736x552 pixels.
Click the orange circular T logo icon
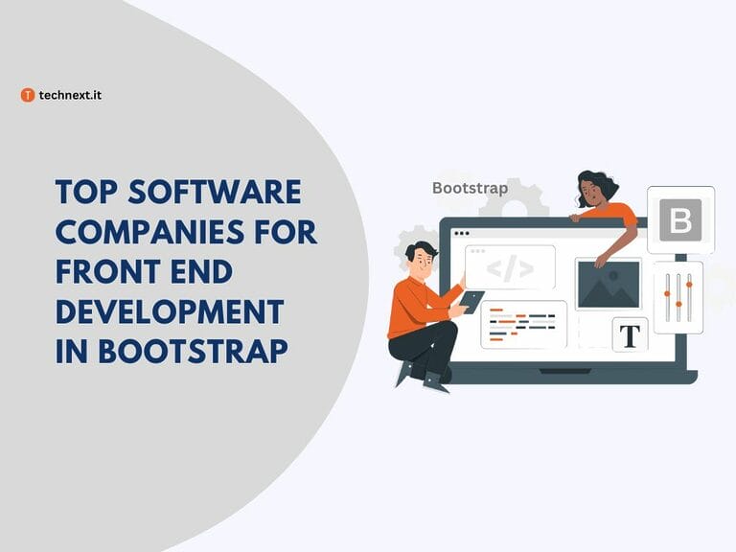pos(28,95)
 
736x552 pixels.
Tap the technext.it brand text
pos(70,95)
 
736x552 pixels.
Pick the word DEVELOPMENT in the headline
pos(169,311)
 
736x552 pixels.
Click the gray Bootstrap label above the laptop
pos(470,188)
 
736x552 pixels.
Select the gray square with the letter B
pos(680,219)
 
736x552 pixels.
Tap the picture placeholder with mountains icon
pos(608,284)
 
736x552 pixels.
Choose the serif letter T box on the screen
pos(630,335)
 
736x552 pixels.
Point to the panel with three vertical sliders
pos(678,296)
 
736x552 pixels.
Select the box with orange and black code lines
pos(522,324)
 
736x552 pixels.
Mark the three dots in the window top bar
pos(462,233)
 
